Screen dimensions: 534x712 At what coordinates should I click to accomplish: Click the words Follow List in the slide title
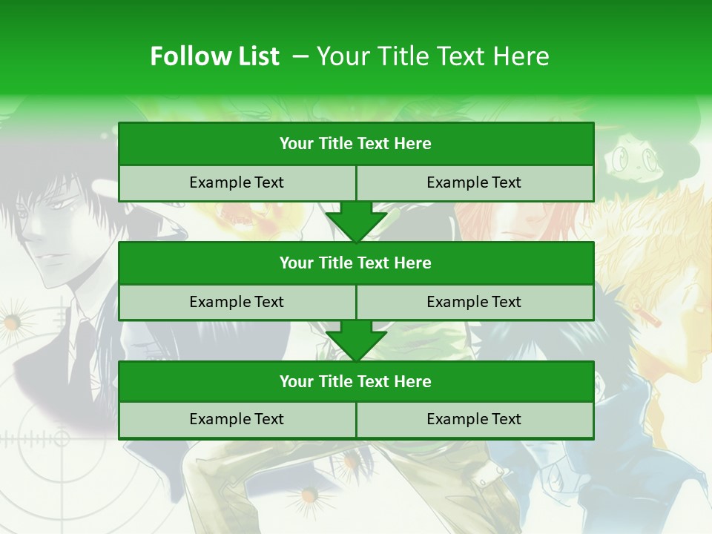pyautogui.click(x=214, y=56)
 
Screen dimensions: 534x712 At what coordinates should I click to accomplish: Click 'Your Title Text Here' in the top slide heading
pyautogui.click(x=432, y=56)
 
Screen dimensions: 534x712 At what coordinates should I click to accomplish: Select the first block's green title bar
pyautogui.click(x=356, y=144)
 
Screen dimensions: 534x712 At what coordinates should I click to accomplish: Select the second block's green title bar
pyautogui.click(x=356, y=263)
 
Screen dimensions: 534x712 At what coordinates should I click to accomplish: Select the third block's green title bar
pyautogui.click(x=356, y=381)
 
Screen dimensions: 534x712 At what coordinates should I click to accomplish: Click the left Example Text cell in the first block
pyautogui.click(x=237, y=182)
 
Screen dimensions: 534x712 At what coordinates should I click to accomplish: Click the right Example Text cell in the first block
pyautogui.click(x=474, y=182)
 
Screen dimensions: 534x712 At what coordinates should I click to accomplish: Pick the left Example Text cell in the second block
pyautogui.click(x=237, y=302)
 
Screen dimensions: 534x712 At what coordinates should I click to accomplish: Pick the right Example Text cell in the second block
pyautogui.click(x=474, y=302)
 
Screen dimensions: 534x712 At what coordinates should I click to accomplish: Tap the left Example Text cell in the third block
pyautogui.click(x=237, y=419)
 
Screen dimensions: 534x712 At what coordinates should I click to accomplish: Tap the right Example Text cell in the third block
pyautogui.click(x=474, y=419)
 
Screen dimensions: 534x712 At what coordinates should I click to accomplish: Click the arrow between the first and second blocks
pyautogui.click(x=356, y=221)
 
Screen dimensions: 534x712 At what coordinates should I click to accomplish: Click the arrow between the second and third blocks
pyautogui.click(x=356, y=340)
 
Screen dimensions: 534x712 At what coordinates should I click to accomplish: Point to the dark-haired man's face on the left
pyautogui.click(x=56, y=237)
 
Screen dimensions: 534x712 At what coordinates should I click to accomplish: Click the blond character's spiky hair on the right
pyautogui.click(x=653, y=222)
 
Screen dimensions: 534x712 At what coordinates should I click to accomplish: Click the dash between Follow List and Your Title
pyautogui.click(x=300, y=56)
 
